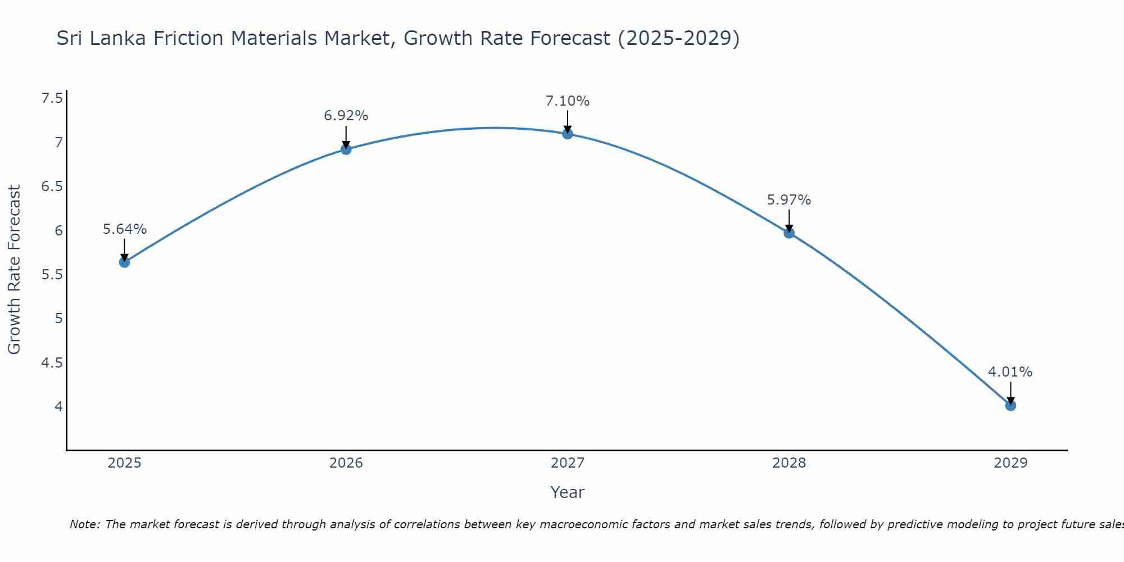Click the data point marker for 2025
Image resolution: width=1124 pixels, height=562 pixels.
click(x=125, y=262)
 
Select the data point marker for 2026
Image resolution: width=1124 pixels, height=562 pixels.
click(x=346, y=149)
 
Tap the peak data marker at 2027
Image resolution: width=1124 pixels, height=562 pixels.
click(x=568, y=134)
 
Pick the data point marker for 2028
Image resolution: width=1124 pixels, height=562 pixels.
click(x=789, y=233)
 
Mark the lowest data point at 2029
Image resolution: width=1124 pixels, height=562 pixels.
click(x=1010, y=405)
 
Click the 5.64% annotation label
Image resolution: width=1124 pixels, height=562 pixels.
click(x=125, y=229)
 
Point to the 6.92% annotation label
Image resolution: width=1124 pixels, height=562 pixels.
click(x=346, y=116)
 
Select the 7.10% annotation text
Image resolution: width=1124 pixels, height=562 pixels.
click(x=568, y=101)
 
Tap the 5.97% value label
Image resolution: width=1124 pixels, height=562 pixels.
click(x=789, y=200)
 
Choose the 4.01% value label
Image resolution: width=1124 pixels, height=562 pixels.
click(x=1010, y=372)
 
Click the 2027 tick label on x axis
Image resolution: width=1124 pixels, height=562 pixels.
click(x=568, y=463)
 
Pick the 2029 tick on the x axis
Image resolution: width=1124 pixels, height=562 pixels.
click(x=1010, y=463)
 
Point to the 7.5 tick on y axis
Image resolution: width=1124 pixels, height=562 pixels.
click(x=52, y=99)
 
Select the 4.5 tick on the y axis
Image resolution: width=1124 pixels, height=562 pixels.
click(x=52, y=363)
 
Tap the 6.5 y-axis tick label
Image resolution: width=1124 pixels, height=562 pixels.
click(x=52, y=187)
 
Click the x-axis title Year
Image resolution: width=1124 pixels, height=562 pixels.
click(x=568, y=492)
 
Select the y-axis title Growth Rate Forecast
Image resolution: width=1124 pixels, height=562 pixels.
click(x=15, y=270)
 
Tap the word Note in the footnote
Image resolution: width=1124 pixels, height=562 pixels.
click(x=84, y=524)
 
